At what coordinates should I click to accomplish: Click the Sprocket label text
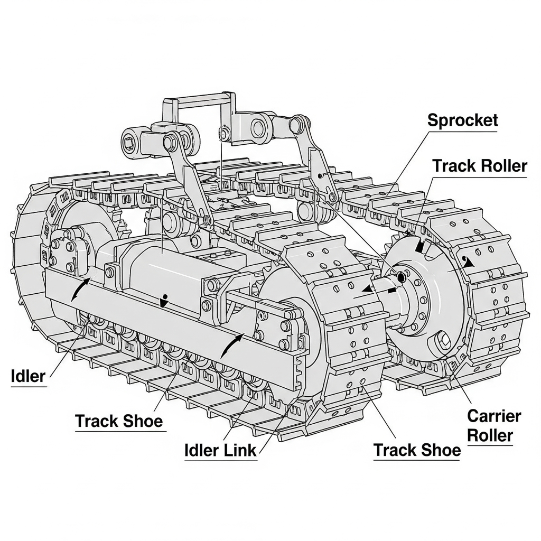click(x=463, y=120)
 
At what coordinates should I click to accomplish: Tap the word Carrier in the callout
click(x=493, y=416)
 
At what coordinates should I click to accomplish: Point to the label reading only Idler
click(x=28, y=376)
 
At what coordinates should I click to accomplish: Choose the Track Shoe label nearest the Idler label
click(x=119, y=421)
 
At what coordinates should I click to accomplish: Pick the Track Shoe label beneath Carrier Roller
click(x=417, y=450)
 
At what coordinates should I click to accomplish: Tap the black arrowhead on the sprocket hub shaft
click(x=364, y=288)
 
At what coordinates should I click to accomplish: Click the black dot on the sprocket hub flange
click(x=400, y=277)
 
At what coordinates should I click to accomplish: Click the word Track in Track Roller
click(x=453, y=166)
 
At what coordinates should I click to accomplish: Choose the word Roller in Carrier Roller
click(x=490, y=435)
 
